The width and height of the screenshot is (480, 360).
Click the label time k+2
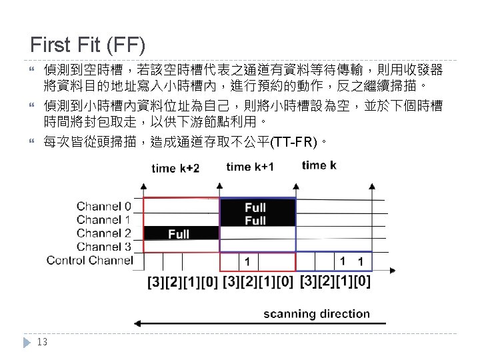(175, 168)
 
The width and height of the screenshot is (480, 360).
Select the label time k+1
(250, 166)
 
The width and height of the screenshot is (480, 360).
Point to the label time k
(319, 165)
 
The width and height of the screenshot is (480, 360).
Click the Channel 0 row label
(104, 205)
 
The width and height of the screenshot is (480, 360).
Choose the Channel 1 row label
(104, 219)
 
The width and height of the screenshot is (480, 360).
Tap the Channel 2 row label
(104, 233)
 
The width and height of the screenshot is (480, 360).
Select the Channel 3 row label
(104, 246)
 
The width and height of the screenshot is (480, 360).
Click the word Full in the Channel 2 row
(179, 233)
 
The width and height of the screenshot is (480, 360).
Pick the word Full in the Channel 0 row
(255, 207)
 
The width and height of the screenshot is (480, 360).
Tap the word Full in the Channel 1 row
(255, 220)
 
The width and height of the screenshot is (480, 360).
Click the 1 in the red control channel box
(247, 261)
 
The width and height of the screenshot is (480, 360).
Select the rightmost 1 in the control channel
(361, 261)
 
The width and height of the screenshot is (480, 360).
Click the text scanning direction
(316, 313)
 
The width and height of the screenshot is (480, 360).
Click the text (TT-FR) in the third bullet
(293, 142)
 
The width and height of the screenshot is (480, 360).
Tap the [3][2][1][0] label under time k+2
(182, 282)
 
